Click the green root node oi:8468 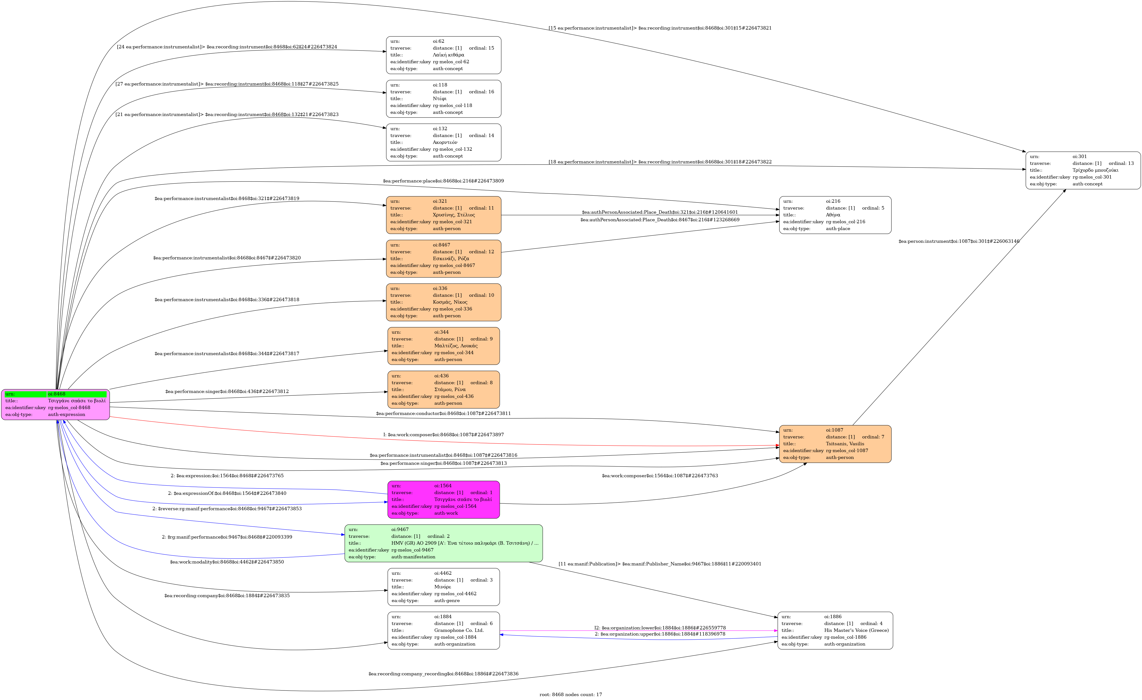point(56,404)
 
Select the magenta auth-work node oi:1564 point(444,499)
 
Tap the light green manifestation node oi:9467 point(444,543)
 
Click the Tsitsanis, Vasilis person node point(835,444)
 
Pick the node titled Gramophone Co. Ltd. point(444,630)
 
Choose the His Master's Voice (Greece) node point(835,630)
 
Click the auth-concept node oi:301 point(1083,170)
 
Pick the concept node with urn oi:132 point(444,142)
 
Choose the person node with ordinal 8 point(444,389)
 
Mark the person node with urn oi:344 point(444,346)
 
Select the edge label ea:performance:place point(443,181)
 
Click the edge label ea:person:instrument point(958,241)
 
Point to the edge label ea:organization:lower point(660,628)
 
